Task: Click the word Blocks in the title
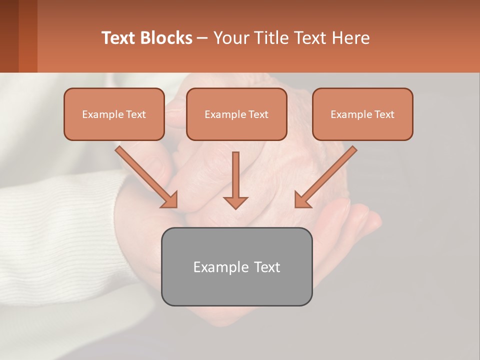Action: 167,38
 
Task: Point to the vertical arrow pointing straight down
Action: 235,175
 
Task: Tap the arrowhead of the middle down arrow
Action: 235,201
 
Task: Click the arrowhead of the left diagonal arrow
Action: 170,200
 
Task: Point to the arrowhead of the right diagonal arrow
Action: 301,200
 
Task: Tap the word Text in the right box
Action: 383,114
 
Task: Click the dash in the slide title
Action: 202,38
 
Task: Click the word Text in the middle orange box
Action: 257,114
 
